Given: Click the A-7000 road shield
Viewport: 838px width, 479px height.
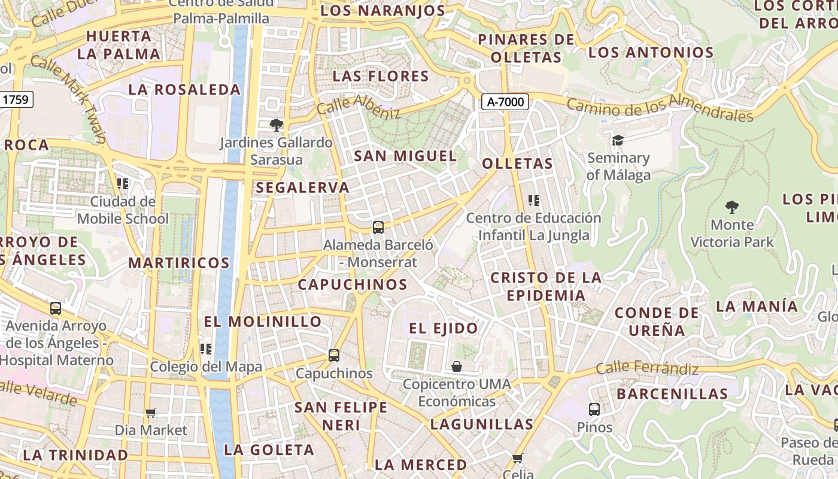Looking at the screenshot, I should tap(506, 102).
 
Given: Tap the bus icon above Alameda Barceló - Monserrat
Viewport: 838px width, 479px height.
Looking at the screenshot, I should tap(378, 227).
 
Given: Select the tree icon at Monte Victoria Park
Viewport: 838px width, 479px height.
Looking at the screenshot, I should tap(731, 207).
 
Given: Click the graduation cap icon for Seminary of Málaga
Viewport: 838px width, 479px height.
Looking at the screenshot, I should tap(618, 141).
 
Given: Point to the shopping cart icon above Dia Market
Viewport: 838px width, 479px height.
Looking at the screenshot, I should tap(151, 413).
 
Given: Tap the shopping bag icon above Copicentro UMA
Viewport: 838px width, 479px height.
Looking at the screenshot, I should tap(457, 366).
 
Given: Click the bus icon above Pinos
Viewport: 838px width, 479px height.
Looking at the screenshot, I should tap(594, 410).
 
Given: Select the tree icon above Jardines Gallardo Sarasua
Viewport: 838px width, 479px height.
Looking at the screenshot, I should tap(276, 125).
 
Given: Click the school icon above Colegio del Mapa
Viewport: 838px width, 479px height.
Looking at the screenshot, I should tap(206, 348).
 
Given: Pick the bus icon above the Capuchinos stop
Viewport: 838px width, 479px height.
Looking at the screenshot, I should tap(334, 356).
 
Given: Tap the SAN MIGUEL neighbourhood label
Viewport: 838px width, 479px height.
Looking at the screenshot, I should tap(405, 156).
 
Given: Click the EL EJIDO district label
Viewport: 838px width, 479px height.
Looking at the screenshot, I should tap(444, 328).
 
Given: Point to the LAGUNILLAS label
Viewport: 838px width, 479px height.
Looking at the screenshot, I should tap(481, 425).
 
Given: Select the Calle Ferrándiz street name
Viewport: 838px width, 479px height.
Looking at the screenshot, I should tap(647, 367).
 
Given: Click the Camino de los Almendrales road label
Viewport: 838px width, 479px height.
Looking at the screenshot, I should tap(660, 107).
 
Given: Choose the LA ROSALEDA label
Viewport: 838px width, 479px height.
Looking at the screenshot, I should tap(184, 90).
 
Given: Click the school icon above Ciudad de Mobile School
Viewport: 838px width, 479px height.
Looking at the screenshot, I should tap(123, 183).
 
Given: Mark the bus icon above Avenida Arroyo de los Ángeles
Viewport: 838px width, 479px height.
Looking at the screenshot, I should tap(56, 308).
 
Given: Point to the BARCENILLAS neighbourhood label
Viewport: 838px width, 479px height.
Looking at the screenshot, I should tap(672, 394).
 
